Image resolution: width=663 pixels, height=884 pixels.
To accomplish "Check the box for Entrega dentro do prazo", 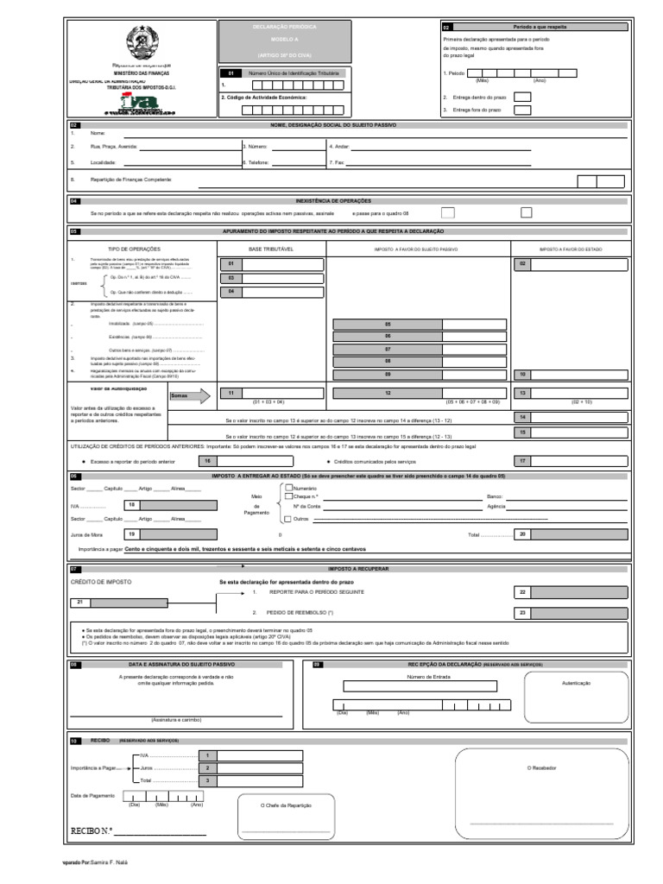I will (x=522, y=97).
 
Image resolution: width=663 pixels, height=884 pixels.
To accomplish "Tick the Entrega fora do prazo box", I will (x=522, y=110).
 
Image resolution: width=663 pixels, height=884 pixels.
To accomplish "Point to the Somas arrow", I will (x=190, y=396).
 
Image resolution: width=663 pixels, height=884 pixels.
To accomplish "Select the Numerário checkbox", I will (x=287, y=488).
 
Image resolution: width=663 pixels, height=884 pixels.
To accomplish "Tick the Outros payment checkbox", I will (x=287, y=519).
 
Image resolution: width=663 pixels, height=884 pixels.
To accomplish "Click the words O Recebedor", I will (x=541, y=767).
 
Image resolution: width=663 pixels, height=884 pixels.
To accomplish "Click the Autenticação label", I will (x=576, y=682).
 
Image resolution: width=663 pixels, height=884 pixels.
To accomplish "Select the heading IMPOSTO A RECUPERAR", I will (x=359, y=570).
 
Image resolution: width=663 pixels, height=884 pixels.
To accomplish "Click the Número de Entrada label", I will (x=423, y=677).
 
